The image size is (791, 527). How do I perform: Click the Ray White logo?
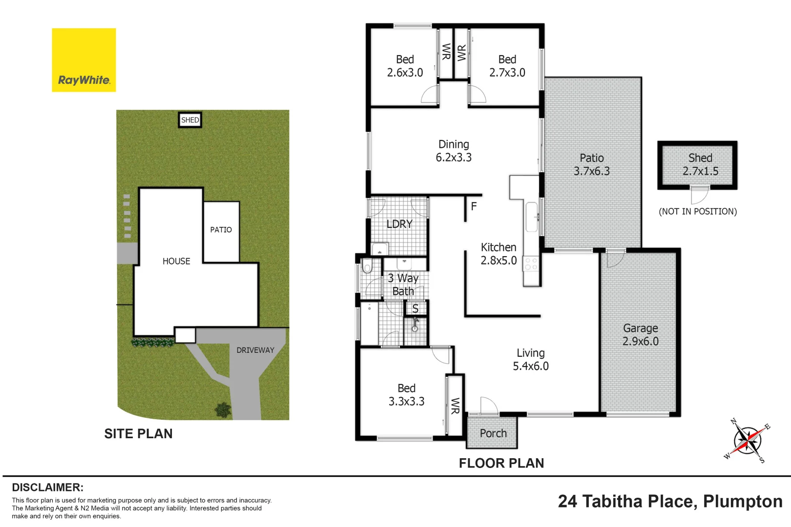pos(84,60)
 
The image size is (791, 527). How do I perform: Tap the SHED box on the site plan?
pos(190,120)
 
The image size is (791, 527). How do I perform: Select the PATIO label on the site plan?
pos(221,230)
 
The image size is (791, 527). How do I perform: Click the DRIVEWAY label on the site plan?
pos(255,350)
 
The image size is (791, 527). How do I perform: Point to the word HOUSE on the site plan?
pos(176,262)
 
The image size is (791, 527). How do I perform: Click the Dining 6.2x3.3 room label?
pos(454,151)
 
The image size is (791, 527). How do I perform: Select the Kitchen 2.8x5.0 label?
pos(498,254)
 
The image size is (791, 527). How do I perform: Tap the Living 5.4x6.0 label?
pos(530,360)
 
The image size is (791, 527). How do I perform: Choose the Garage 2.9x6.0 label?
pos(640,335)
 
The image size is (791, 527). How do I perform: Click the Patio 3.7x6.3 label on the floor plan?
pos(591,164)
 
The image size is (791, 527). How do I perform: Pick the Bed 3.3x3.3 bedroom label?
pos(406,395)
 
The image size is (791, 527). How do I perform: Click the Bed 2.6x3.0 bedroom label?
pos(405,66)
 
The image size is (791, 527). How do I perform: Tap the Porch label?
pos(493,433)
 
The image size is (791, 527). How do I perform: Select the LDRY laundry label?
pos(399,224)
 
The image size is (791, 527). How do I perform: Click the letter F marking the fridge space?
pos(474,206)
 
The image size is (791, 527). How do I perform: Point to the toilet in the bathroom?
pos(367,267)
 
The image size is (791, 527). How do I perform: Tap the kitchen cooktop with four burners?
pos(531,264)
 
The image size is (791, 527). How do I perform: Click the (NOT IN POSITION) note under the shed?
pos(697,212)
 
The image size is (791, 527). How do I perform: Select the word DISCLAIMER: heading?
pos(47,487)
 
